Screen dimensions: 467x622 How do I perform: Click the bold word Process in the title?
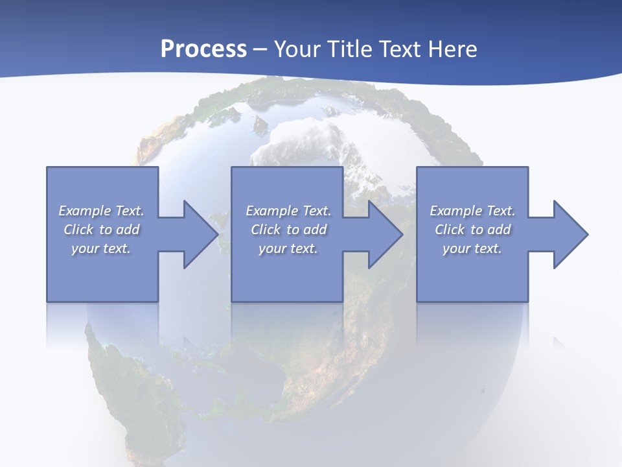click(x=203, y=49)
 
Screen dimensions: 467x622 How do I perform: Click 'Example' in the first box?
click(x=85, y=211)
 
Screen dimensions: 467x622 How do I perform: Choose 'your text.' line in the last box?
click(x=472, y=248)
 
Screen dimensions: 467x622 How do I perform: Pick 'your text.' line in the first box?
click(x=101, y=248)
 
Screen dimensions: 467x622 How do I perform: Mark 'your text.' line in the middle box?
click(x=288, y=248)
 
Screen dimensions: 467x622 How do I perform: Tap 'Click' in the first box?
click(x=78, y=230)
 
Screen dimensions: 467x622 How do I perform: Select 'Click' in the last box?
click(x=450, y=230)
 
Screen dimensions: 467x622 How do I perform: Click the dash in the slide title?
click(x=260, y=49)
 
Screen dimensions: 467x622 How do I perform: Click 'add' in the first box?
click(x=128, y=230)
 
